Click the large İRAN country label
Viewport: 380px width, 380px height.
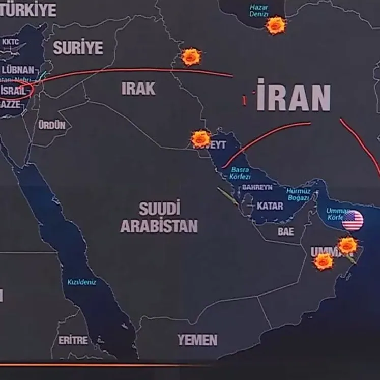pos(294,96)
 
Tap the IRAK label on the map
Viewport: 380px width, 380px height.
pos(138,89)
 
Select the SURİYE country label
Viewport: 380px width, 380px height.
pos(78,48)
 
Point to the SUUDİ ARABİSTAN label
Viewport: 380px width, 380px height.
pos(159,217)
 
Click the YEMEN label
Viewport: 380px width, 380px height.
pos(197,340)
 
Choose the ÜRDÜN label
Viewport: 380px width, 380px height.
pos(52,125)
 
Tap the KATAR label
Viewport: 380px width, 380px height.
pos(270,206)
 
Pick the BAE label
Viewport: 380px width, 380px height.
pos(285,231)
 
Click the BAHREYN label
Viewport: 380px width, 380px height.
pos(257,187)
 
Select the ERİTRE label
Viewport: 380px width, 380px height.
pos(73,340)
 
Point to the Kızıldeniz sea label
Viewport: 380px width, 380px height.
pos(81,282)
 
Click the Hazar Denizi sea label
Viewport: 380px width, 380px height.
pos(259,11)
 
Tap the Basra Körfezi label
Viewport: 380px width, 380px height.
pos(241,173)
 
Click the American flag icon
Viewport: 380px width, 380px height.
pos(353,221)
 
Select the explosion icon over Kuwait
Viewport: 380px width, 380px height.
pos(200,138)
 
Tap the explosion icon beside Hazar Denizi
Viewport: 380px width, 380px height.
pos(276,25)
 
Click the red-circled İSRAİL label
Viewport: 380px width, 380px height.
pos(14,91)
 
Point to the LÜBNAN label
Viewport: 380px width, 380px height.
pos(18,70)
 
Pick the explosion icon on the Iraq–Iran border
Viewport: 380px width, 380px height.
pos(191,56)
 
